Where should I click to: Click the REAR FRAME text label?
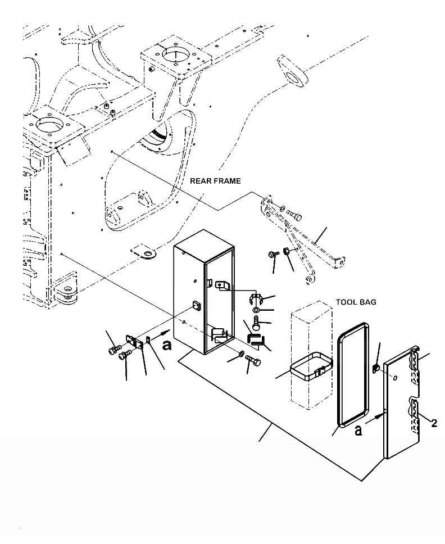215,181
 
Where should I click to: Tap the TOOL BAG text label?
356,302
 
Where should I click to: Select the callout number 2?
434,423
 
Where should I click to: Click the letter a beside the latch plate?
166,344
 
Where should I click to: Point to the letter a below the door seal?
358,431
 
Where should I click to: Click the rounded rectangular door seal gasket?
352,374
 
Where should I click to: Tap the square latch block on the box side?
196,306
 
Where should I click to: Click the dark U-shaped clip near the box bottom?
256,339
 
